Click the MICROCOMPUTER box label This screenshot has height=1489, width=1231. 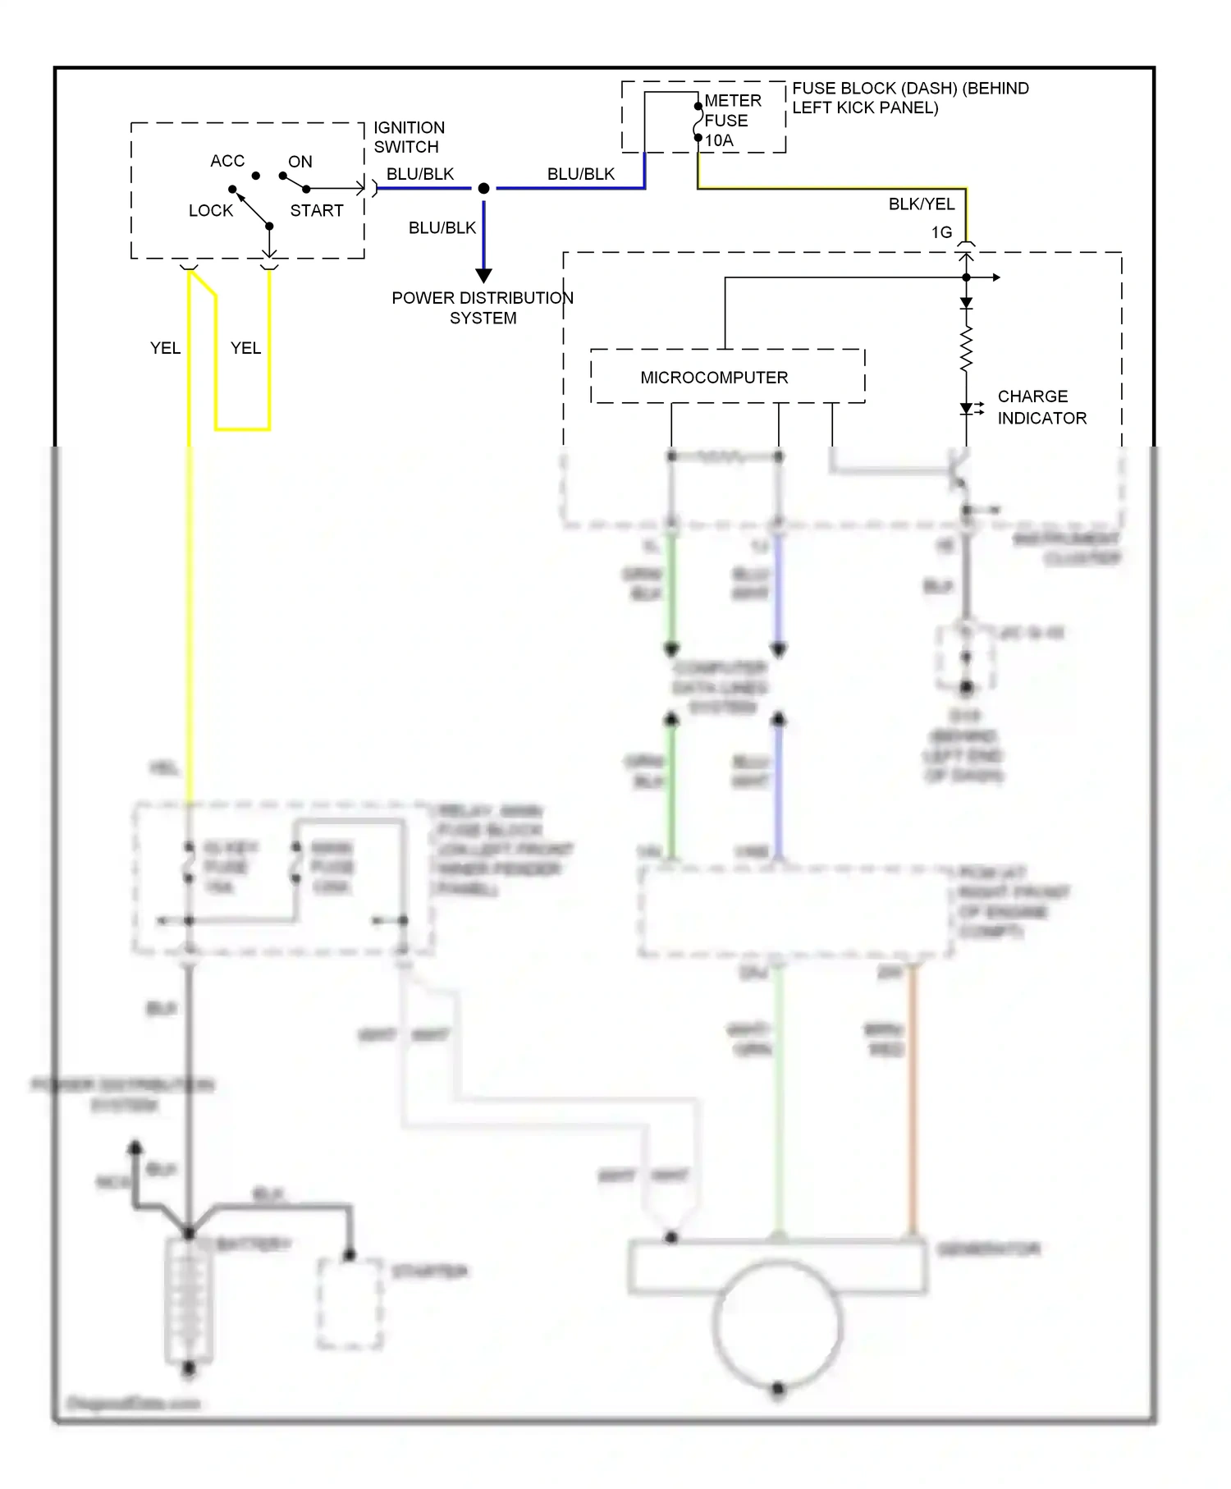point(714,378)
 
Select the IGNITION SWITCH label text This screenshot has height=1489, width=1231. point(409,137)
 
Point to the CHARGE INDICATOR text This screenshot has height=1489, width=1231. point(1041,407)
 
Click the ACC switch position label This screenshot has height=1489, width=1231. point(227,161)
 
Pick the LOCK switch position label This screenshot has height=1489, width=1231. point(211,210)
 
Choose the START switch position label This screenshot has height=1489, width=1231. point(317,210)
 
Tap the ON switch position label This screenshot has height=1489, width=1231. point(300,162)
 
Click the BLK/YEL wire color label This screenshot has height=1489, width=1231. point(921,204)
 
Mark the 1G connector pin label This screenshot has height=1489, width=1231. point(941,232)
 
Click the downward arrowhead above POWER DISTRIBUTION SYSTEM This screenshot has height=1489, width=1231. point(483,275)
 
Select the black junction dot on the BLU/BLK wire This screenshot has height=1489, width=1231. point(483,189)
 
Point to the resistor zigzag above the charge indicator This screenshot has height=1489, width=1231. point(966,349)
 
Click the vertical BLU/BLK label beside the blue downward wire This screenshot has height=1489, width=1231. point(442,227)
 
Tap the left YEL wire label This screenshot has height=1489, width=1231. point(165,348)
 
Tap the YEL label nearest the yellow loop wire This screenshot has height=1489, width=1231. point(245,348)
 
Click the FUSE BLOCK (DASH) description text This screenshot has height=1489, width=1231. point(909,98)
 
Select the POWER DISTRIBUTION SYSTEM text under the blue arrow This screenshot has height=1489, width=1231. point(483,308)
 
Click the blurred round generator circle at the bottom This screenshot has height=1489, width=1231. point(777,1322)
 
